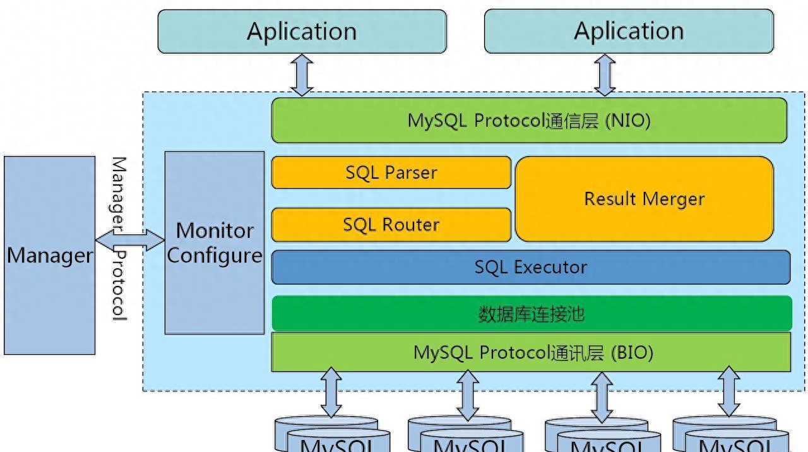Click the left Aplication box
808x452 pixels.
coord(302,32)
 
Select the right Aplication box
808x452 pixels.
coord(629,32)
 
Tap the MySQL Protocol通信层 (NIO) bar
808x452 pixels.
coord(529,120)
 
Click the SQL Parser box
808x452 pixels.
coord(391,172)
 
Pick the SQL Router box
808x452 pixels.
coord(391,225)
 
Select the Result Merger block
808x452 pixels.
coord(645,199)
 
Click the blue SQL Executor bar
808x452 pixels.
coord(530,267)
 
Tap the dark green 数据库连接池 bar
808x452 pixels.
coord(532,313)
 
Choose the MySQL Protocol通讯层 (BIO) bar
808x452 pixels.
coord(532,352)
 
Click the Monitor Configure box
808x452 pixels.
coord(215,242)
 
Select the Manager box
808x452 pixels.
coord(49,256)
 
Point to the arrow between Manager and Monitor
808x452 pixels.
coord(130,241)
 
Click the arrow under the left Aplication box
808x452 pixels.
coord(302,74)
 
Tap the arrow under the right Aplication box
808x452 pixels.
coord(605,74)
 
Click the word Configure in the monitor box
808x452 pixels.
coord(215,256)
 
